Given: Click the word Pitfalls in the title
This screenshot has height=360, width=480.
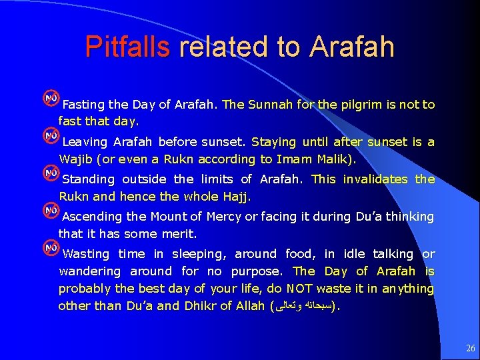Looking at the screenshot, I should click(x=127, y=47).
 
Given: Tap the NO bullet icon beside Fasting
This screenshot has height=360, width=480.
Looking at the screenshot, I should click(x=50, y=99).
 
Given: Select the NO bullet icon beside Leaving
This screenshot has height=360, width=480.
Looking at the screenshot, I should click(x=50, y=136).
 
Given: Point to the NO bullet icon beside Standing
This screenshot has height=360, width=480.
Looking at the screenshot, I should click(x=50, y=173).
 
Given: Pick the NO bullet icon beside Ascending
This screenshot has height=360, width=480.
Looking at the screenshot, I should click(x=50, y=211).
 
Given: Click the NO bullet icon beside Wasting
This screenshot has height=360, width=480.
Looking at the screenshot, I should click(x=50, y=248).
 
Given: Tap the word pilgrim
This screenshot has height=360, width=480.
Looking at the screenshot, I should click(x=359, y=105).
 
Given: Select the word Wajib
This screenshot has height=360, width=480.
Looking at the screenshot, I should click(x=77, y=159).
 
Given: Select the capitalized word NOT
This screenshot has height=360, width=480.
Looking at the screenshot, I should click(x=300, y=289).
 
